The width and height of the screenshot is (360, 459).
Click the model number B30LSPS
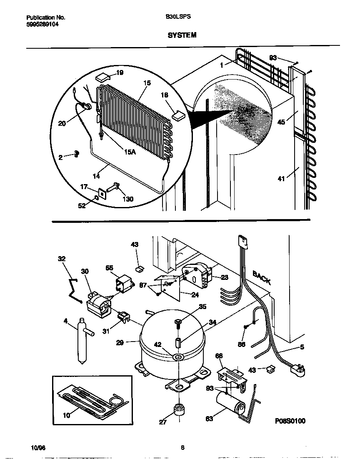(x=178, y=17)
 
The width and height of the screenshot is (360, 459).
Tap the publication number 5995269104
(x=42, y=25)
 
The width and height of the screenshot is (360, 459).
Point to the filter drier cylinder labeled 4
(x=81, y=339)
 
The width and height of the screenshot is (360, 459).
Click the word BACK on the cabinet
(x=262, y=277)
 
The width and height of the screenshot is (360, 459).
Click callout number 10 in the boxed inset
(x=66, y=414)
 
